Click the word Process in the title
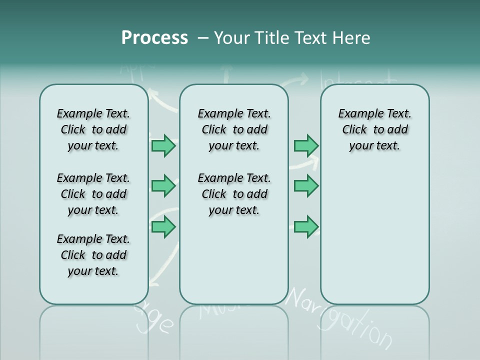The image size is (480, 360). click(154, 38)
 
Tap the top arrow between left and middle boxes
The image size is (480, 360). click(163, 146)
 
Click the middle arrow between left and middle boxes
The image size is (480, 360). click(163, 186)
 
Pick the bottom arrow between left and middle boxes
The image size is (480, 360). click(163, 227)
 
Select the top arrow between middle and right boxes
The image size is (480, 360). click(306, 146)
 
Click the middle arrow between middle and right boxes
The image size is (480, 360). click(306, 186)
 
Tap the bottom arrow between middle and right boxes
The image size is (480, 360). click(306, 227)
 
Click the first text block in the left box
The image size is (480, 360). click(93, 129)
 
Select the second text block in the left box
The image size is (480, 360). click(93, 194)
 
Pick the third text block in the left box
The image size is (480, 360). click(93, 255)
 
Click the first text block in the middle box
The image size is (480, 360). click(234, 129)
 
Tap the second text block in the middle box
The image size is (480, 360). click(234, 194)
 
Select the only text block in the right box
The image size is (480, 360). click(374, 129)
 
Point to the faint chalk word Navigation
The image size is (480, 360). click(340, 317)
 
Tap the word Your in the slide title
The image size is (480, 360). click(231, 38)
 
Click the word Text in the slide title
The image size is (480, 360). click(310, 38)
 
